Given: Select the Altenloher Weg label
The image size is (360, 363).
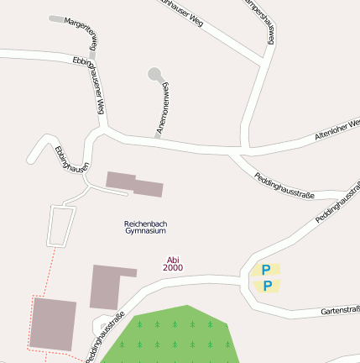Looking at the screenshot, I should (x=337, y=129).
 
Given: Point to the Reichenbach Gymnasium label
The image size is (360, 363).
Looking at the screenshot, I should (x=145, y=226).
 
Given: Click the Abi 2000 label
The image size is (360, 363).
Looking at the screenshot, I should (x=173, y=264).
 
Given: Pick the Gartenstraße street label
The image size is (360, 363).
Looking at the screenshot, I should (x=341, y=311).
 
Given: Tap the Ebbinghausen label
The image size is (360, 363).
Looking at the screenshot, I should (x=70, y=157).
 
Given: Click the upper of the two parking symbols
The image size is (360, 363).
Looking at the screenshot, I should (x=266, y=270).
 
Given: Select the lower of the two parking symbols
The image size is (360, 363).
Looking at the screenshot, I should (x=267, y=286).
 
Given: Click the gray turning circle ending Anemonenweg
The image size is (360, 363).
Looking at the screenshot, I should (x=154, y=74).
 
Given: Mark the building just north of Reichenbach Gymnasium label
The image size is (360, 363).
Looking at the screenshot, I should (x=134, y=184).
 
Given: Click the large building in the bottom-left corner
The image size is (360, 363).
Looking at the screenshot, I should (x=54, y=324).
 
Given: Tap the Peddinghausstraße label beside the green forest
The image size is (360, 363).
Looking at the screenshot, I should (x=106, y=336).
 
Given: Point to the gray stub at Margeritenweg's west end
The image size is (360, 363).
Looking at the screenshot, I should (x=56, y=18).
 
